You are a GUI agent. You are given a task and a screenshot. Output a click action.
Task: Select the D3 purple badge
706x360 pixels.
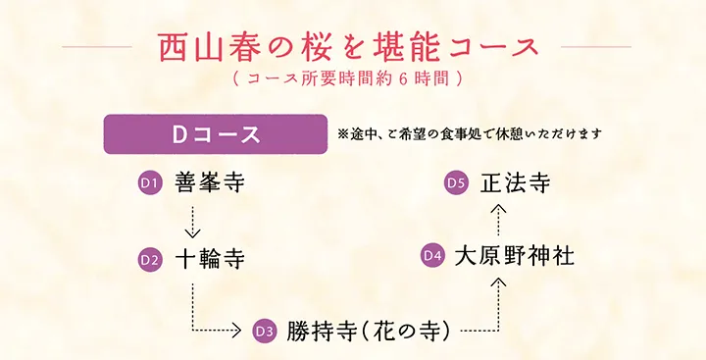[x=264, y=331]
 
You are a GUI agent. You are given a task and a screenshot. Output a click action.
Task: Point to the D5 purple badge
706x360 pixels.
[x=455, y=182]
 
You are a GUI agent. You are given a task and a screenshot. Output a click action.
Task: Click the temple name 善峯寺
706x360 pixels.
[x=209, y=182]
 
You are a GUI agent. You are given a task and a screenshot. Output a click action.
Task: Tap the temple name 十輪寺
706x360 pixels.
[x=209, y=260]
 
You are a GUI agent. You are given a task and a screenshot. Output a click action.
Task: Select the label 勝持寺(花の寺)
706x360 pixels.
[x=369, y=331]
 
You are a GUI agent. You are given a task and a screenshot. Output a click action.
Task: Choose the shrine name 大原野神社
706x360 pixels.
[x=514, y=255]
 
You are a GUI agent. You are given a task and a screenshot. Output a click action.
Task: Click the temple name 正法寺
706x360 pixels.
[x=515, y=182]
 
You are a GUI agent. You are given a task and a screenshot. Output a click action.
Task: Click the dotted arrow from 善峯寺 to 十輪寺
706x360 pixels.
[x=192, y=221]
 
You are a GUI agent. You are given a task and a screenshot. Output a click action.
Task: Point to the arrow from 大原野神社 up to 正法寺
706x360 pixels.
[x=498, y=219]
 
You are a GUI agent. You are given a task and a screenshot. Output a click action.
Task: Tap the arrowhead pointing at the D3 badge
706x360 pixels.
[x=235, y=331]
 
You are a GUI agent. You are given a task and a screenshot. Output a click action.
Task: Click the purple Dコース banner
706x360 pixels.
[x=215, y=134]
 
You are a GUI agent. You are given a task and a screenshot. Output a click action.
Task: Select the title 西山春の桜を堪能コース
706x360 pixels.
[x=348, y=46]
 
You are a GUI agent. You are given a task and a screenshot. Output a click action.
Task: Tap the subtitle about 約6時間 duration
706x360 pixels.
[x=348, y=76]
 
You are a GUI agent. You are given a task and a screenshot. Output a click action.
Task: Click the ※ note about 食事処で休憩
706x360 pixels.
[x=468, y=132]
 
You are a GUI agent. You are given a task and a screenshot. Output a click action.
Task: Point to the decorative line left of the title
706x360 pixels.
[x=96, y=46]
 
